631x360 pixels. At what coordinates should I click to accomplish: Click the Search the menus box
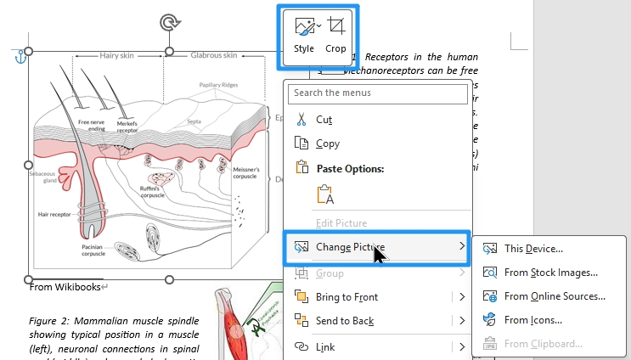[x=378, y=93]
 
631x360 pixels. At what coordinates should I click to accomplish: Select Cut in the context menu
[x=324, y=120]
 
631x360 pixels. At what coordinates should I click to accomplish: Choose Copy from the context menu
[x=327, y=143]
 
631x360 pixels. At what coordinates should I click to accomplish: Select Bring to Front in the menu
[x=346, y=297]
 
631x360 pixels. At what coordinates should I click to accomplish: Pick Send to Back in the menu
[x=344, y=321]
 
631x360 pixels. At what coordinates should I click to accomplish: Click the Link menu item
[x=326, y=346]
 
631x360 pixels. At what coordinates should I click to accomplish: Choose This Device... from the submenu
[x=533, y=249]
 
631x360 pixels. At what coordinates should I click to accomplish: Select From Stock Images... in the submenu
[x=550, y=273]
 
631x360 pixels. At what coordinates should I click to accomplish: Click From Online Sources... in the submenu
[x=554, y=296]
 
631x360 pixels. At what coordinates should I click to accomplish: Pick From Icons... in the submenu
[x=532, y=320]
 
